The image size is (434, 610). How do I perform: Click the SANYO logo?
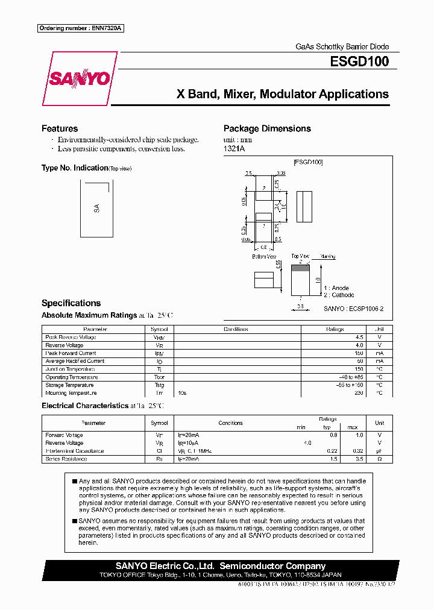pyautogui.click(x=79, y=78)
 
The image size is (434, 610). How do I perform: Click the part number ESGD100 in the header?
pyautogui.click(x=359, y=61)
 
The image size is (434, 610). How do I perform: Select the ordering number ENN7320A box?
pyautogui.click(x=81, y=28)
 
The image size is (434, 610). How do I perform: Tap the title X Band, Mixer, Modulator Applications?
pyautogui.click(x=282, y=94)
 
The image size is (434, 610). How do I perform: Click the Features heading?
pyautogui.click(x=60, y=128)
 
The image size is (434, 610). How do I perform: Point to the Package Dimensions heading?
pyautogui.click(x=267, y=128)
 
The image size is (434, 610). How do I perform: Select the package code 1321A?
pyautogui.click(x=234, y=148)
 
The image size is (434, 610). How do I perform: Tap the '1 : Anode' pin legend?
pyautogui.click(x=336, y=288)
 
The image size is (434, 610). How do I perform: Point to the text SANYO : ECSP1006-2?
pyautogui.click(x=354, y=309)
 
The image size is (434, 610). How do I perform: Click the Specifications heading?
pyautogui.click(x=71, y=303)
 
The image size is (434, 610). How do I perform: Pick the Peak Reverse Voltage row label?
pyautogui.click(x=71, y=338)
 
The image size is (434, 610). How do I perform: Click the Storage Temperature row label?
pyautogui.click(x=69, y=385)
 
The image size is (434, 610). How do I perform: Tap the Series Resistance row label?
pyautogui.click(x=66, y=459)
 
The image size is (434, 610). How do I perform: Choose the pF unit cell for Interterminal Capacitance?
pyautogui.click(x=379, y=451)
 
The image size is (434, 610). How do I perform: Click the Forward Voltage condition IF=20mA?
pyautogui.click(x=189, y=435)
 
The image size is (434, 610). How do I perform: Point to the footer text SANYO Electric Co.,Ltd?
pyautogui.click(x=165, y=566)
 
